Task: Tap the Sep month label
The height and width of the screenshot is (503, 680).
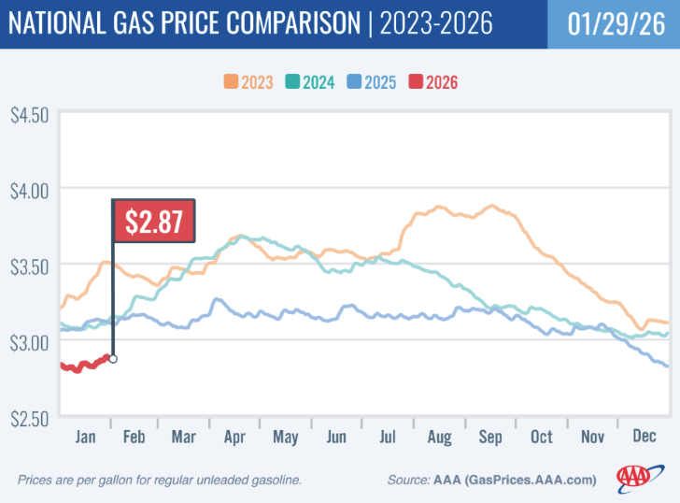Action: coord(490,437)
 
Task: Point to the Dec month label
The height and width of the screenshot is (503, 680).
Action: coord(644,437)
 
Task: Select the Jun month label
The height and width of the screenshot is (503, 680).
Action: coord(336,437)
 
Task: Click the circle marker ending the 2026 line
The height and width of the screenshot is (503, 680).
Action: coord(113,358)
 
